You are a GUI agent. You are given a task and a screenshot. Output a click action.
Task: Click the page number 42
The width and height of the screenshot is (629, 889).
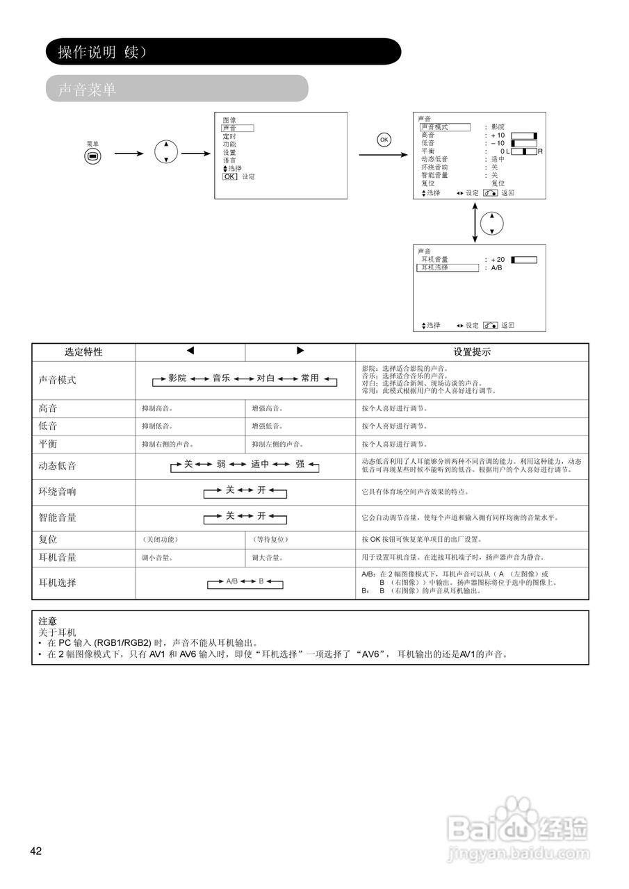(36, 851)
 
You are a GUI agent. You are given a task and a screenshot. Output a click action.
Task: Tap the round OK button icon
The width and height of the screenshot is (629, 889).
(384, 140)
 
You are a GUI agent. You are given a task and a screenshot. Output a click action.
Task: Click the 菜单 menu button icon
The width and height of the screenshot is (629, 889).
(93, 156)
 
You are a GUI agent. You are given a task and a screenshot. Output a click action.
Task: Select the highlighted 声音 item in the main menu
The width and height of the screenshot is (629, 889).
(237, 128)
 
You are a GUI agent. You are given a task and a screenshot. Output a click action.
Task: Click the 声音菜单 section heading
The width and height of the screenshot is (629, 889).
(87, 90)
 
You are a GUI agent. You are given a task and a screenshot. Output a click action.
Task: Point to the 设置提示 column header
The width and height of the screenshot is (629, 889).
(472, 352)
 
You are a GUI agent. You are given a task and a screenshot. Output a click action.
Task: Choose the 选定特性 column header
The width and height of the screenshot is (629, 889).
(83, 352)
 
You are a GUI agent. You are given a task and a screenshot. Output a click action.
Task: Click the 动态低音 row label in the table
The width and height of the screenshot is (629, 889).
(58, 466)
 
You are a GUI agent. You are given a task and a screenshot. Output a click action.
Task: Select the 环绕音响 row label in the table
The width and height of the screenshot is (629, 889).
(58, 492)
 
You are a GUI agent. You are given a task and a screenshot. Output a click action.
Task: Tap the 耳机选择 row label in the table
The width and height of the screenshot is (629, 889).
(58, 583)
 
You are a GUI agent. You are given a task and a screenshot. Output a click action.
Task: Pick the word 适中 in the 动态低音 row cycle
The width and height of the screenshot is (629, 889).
(260, 464)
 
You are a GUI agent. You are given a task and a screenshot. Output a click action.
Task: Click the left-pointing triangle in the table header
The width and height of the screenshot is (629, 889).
(190, 351)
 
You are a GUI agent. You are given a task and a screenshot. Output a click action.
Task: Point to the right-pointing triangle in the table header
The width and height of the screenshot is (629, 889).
(300, 351)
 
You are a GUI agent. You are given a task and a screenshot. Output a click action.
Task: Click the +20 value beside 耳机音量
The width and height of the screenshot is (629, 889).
(498, 260)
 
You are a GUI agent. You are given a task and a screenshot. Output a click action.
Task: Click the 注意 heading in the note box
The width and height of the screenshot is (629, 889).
(48, 621)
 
